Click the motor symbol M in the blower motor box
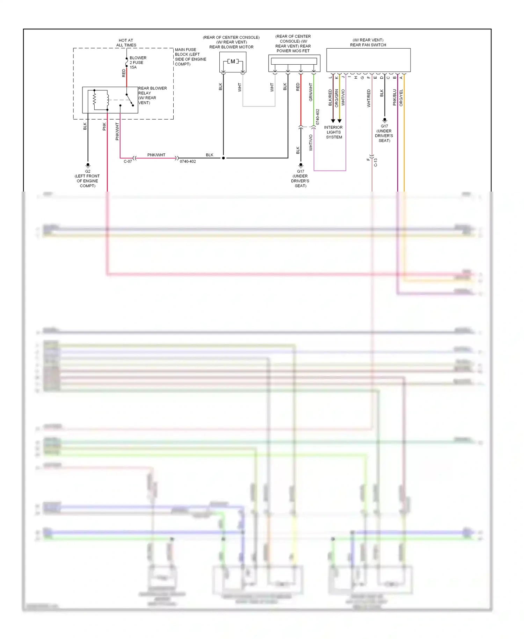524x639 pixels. (233, 62)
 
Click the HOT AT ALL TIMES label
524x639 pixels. (126, 43)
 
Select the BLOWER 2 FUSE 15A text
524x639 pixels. (138, 63)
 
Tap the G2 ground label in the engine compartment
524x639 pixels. (88, 171)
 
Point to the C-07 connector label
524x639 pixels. (128, 161)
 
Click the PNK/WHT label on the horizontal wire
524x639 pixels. (156, 155)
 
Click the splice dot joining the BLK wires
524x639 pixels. (224, 158)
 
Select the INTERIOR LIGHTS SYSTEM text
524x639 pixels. (334, 132)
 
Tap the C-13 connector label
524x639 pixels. (376, 162)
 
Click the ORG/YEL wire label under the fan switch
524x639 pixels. (401, 98)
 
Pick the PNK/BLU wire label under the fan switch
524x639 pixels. (395, 98)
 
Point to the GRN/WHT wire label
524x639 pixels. (311, 92)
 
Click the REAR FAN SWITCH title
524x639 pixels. (368, 45)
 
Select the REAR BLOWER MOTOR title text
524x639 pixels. (231, 47)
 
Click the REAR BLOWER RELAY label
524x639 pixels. (152, 91)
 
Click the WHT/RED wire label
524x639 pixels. (369, 98)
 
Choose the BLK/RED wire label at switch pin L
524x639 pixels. (330, 98)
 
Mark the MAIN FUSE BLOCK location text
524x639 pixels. (190, 57)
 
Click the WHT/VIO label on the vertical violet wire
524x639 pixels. (311, 143)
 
